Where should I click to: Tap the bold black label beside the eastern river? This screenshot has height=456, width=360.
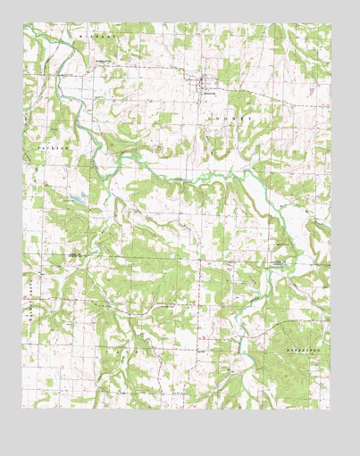click(280, 261)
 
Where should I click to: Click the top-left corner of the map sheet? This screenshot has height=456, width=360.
click(23, 24)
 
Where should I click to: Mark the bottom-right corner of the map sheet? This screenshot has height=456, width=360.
click(331, 408)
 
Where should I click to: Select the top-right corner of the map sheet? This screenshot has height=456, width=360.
click(331, 24)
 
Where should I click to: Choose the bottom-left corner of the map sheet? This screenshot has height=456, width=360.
click(23, 408)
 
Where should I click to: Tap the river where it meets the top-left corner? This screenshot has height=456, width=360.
click(27, 29)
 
